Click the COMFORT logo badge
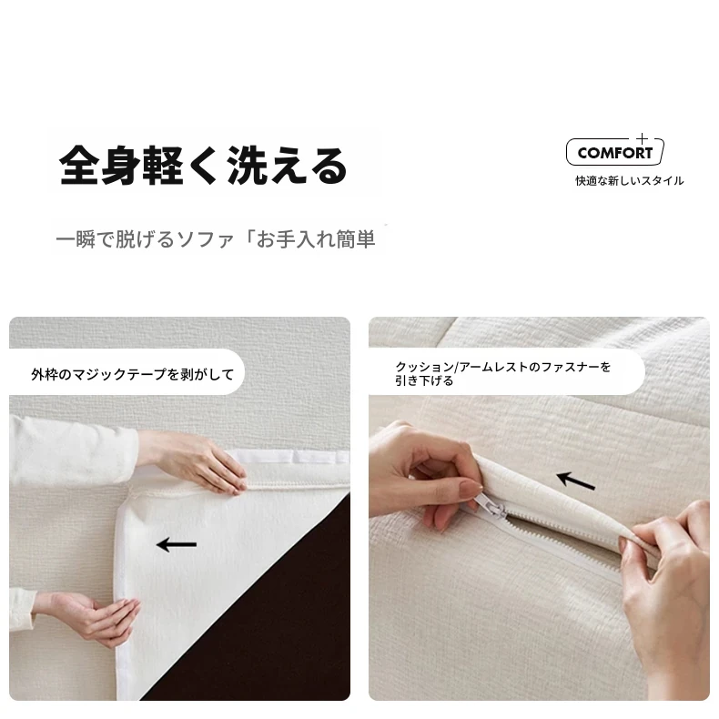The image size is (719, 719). pyautogui.click(x=615, y=152)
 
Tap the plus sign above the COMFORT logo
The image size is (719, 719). pyautogui.click(x=642, y=138)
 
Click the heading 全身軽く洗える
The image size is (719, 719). pyautogui.click(x=203, y=165)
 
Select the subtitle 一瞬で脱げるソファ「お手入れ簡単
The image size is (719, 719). pyautogui.click(x=216, y=238)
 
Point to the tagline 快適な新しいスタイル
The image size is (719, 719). pyautogui.click(x=630, y=181)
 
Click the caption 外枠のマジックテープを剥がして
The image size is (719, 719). pyautogui.click(x=133, y=374)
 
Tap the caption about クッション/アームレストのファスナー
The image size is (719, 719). pyautogui.click(x=503, y=373)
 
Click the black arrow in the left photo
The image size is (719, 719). pyautogui.click(x=177, y=545)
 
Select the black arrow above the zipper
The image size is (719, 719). pyautogui.click(x=576, y=481)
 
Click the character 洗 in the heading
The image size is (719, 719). pyautogui.click(x=248, y=165)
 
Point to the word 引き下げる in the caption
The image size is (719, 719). pyautogui.click(x=424, y=380)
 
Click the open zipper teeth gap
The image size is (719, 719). pyautogui.click(x=551, y=532)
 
